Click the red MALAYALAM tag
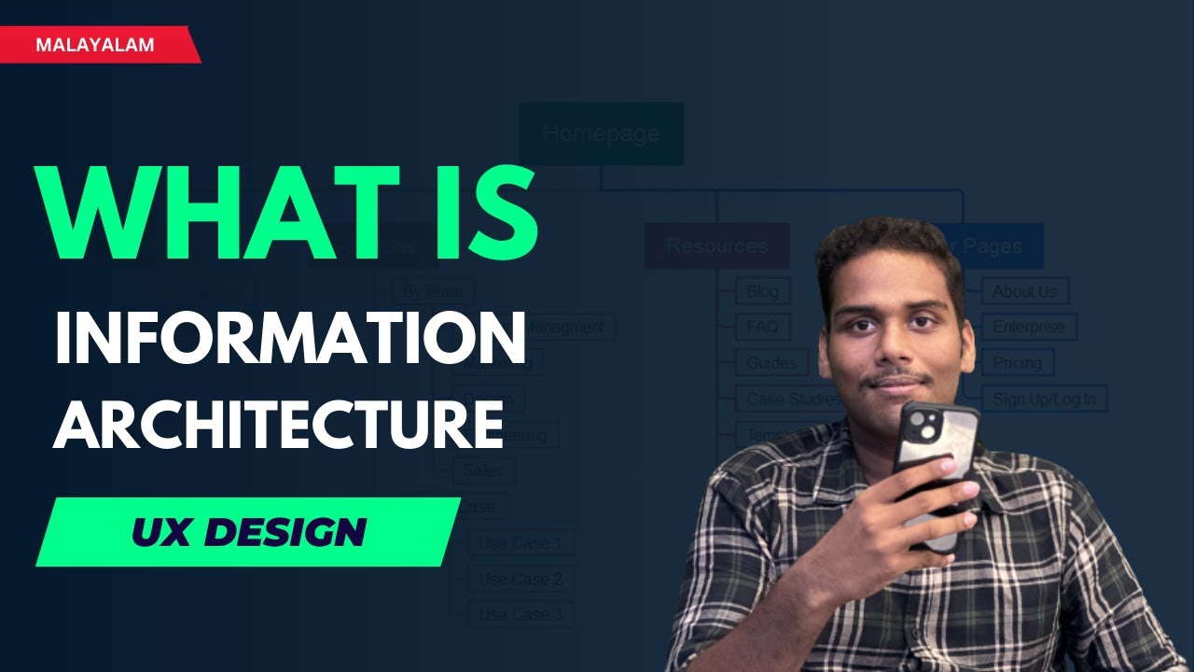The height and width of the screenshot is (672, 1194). (x=95, y=45)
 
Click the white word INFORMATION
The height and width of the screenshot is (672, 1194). (x=289, y=339)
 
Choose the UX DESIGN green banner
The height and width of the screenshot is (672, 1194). (x=248, y=532)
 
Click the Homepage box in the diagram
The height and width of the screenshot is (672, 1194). (x=601, y=133)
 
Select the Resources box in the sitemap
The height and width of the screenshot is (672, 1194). (x=716, y=246)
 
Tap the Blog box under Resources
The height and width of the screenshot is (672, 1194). (x=762, y=291)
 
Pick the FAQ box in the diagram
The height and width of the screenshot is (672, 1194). (x=762, y=328)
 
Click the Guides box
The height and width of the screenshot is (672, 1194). (x=771, y=363)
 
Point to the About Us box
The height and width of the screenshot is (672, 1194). (x=1024, y=291)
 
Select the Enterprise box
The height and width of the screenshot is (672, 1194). (x=1028, y=328)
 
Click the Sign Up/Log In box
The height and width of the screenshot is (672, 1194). (x=1043, y=399)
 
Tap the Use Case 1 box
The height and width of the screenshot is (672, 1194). (x=520, y=542)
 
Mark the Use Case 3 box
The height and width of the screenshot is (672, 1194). (x=520, y=614)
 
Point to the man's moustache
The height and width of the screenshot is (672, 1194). (x=896, y=379)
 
